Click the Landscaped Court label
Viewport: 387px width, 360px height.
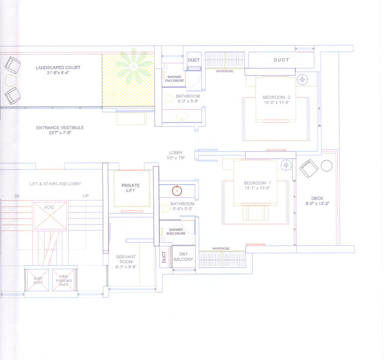pyautogui.click(x=58, y=68)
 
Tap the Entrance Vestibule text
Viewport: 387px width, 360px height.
pyautogui.click(x=60, y=128)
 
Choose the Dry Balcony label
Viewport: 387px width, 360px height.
pyautogui.click(x=183, y=256)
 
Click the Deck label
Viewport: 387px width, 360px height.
pyautogui.click(x=317, y=199)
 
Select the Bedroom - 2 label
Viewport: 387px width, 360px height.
pyautogui.click(x=276, y=97)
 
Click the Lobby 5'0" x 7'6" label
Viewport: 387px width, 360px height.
pyautogui.click(x=176, y=155)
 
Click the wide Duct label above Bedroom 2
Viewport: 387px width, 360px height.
pyautogui.click(x=281, y=60)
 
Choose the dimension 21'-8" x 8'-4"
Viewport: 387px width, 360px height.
pyautogui.click(x=58, y=73)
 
